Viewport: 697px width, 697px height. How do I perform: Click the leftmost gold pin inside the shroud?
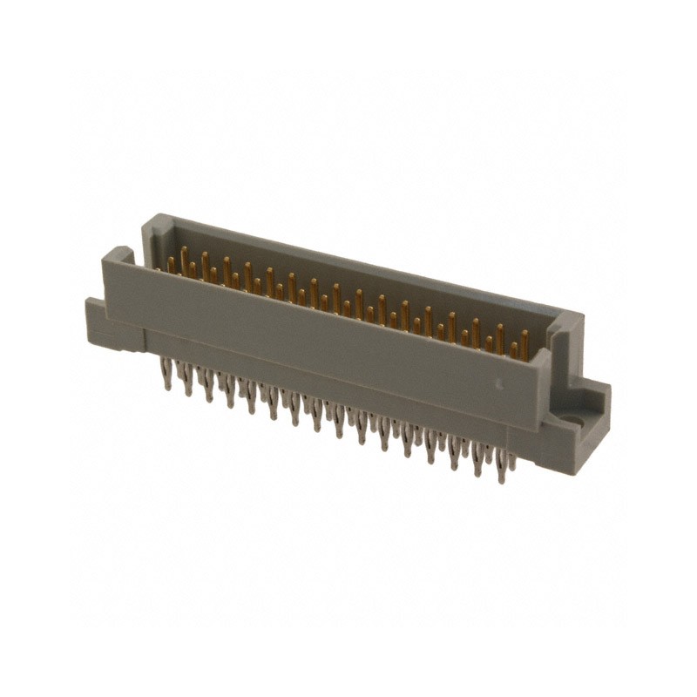(x=171, y=264)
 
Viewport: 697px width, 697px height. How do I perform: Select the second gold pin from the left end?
(x=183, y=259)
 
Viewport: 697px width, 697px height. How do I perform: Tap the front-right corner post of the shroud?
(x=541, y=366)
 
